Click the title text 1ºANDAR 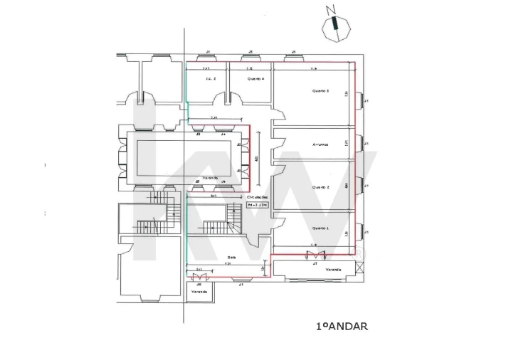click(341, 327)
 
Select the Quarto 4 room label click(255, 78)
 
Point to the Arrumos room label click(320, 144)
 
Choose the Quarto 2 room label click(320, 186)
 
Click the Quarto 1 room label click(320, 228)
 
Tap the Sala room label click(231, 257)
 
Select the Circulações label click(256, 197)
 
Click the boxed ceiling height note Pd click(256, 205)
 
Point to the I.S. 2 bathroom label click(210, 78)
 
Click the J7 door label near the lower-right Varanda click(315, 263)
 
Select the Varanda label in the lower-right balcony click(333, 270)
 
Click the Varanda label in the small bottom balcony click(199, 292)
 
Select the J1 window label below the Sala click(241, 284)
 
